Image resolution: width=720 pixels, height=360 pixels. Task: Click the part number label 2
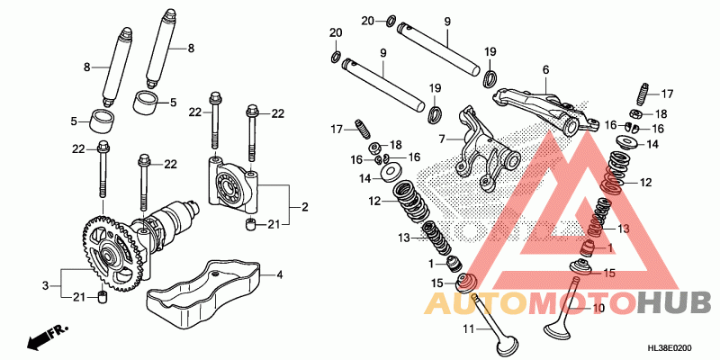pyautogui.click(x=304, y=208)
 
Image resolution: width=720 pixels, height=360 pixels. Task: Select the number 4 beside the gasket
pyautogui.click(x=279, y=274)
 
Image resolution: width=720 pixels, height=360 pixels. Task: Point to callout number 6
pyautogui.click(x=545, y=70)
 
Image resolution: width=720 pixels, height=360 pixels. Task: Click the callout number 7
pyautogui.click(x=442, y=139)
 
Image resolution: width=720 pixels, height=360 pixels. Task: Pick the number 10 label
pyautogui.click(x=599, y=308)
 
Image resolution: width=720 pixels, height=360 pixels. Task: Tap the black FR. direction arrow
pyautogui.click(x=42, y=340)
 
